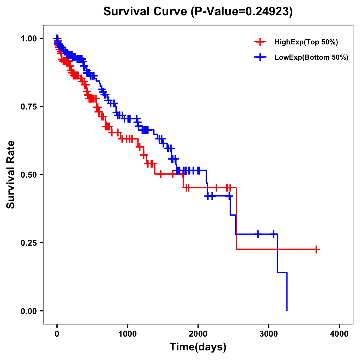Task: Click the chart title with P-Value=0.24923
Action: [198, 11]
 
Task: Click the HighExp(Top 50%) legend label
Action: [306, 42]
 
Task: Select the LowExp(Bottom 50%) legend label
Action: [311, 58]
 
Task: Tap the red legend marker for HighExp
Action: [260, 42]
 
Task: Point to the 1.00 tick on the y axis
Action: [29, 38]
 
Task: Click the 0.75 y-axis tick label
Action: [29, 106]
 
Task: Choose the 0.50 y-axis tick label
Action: [29, 175]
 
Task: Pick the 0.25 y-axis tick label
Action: [29, 243]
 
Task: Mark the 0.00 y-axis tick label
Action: [29, 311]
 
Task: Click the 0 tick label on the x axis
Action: [57, 334]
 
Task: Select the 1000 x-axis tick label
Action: [127, 334]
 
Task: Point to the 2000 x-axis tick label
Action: [198, 334]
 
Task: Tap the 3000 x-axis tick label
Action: [269, 334]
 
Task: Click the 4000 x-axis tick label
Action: [339, 334]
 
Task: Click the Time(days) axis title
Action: [198, 347]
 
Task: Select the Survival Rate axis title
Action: [11, 175]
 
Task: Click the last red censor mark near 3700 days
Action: [316, 249]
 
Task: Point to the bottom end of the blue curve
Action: [287, 310]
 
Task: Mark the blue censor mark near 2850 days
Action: [258, 234]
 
